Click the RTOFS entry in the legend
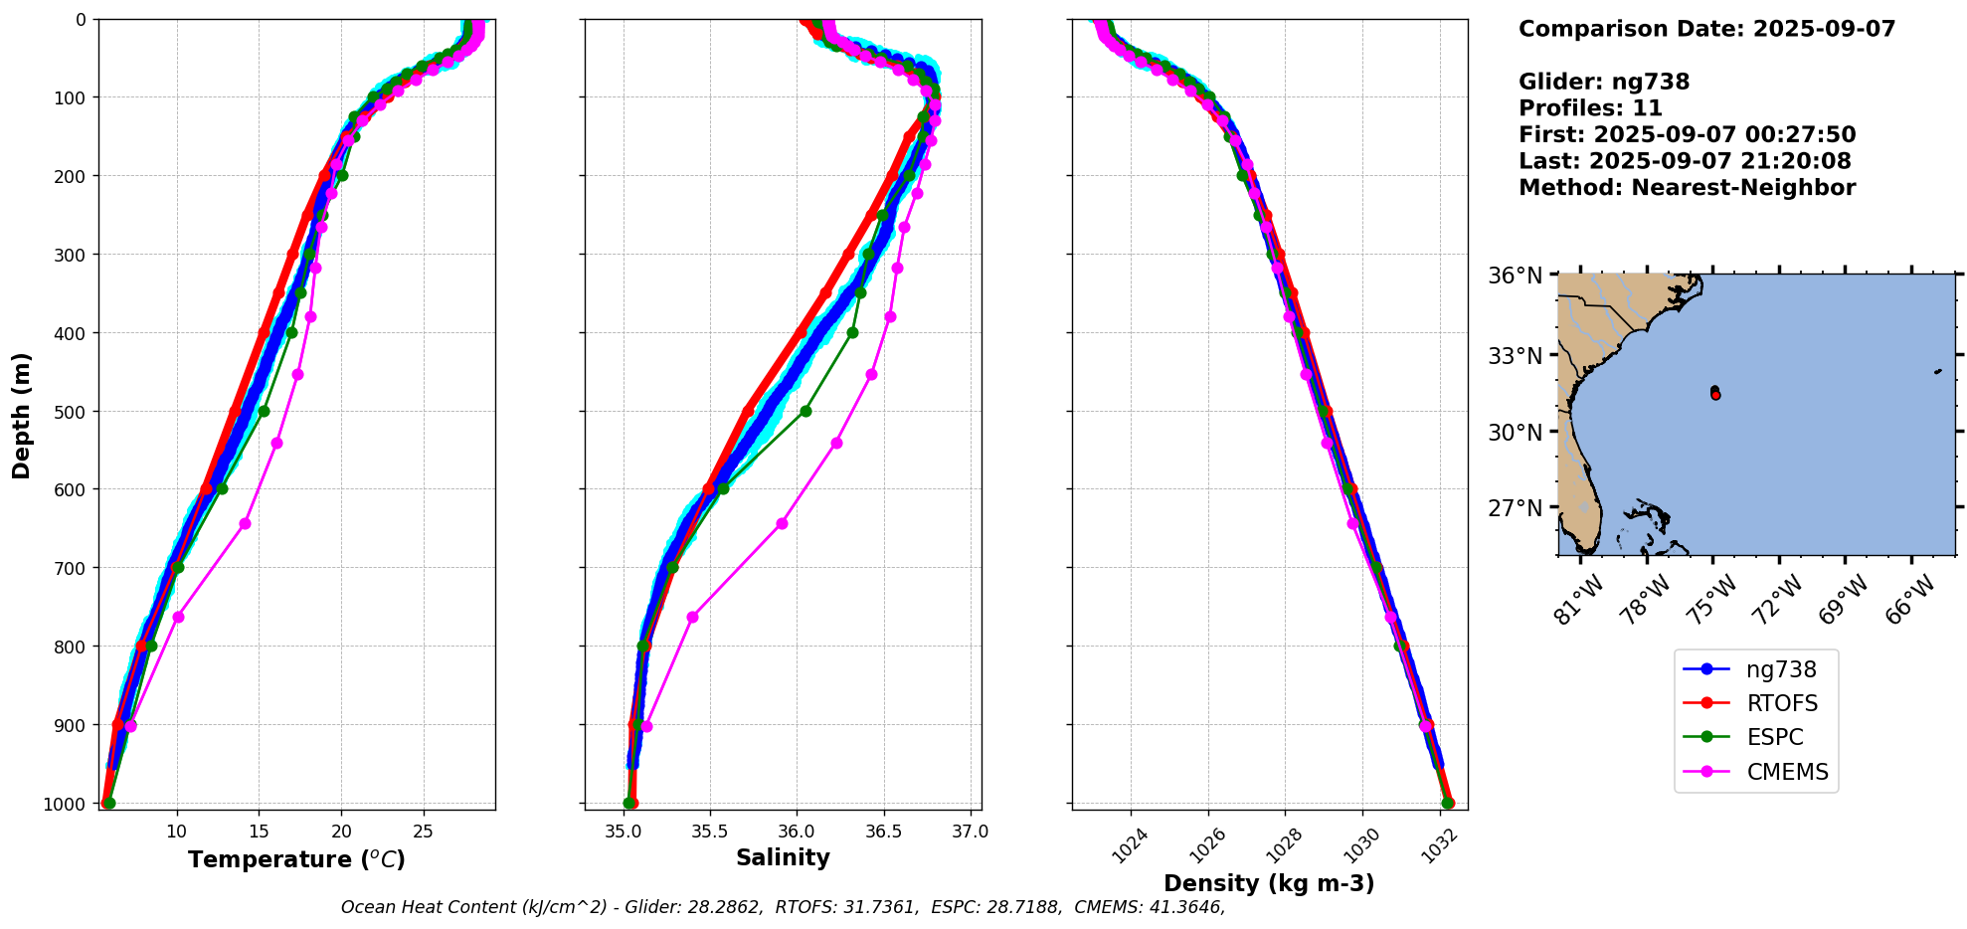click(x=1781, y=704)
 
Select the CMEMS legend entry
click(x=1787, y=772)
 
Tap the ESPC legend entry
click(x=1774, y=738)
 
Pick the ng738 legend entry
click(x=1781, y=670)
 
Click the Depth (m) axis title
click(x=22, y=415)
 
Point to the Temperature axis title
click(x=296, y=859)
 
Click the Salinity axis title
click(x=783, y=858)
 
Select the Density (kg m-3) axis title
click(x=1269, y=883)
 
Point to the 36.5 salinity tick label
click(x=883, y=832)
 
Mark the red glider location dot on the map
click(x=1715, y=395)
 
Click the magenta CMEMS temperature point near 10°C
click(x=178, y=617)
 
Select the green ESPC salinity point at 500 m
click(x=805, y=411)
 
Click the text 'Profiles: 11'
click(x=1590, y=108)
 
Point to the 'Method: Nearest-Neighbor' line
click(x=1687, y=188)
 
